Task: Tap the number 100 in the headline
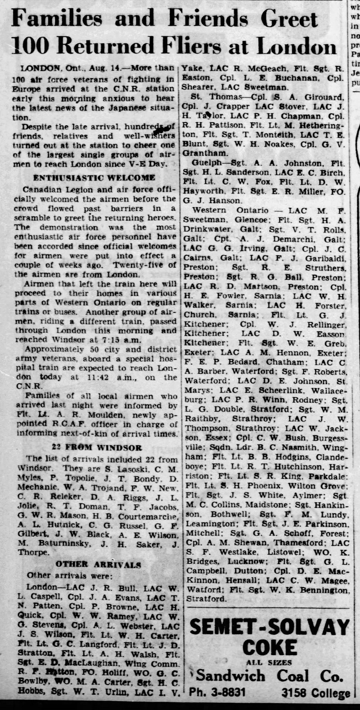coord(31,46)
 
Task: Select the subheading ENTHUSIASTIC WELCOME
coord(94,178)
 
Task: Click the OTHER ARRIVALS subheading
coord(98,564)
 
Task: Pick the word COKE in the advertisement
coord(270,647)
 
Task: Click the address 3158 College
coord(316,693)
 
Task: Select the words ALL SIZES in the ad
coord(268,663)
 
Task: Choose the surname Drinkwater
coord(207,230)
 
